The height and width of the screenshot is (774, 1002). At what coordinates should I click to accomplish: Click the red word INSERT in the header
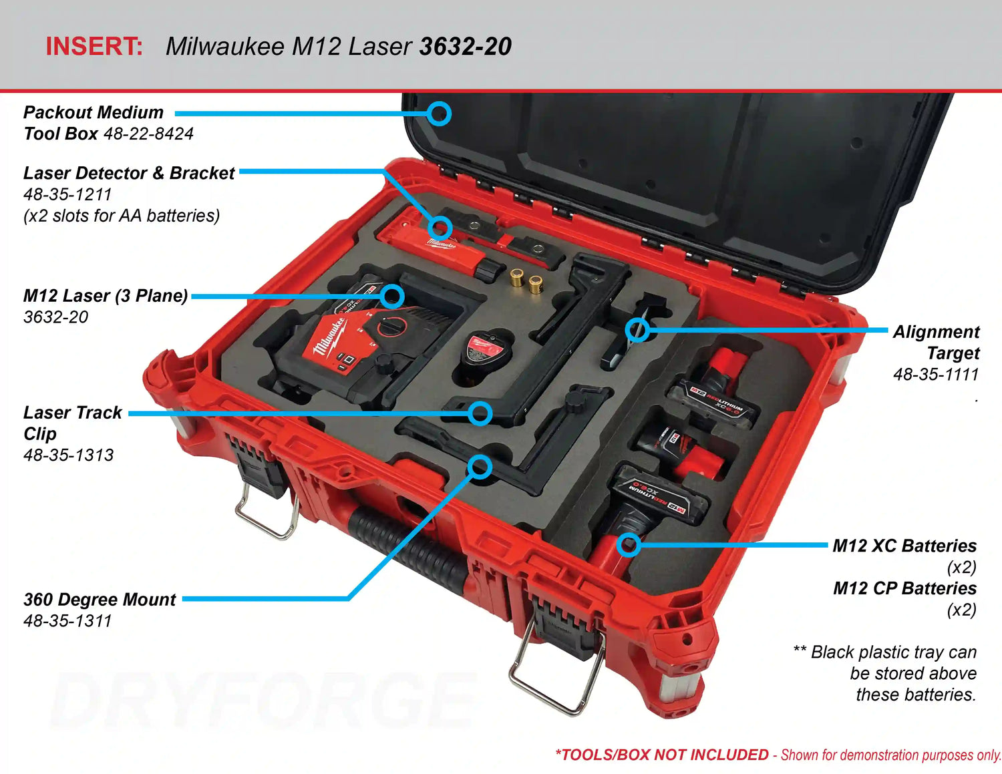pos(94,46)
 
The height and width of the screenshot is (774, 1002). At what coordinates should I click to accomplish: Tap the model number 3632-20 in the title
pos(465,46)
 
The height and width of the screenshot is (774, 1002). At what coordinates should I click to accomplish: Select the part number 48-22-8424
pos(148,134)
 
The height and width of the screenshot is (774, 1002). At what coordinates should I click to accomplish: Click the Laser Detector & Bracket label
pos(129,173)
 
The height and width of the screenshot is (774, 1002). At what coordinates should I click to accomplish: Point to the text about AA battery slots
pos(121,216)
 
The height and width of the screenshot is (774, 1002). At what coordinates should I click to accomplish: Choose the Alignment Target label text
pos(936,342)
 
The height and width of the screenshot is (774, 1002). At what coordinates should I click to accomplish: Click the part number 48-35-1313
pos(68,455)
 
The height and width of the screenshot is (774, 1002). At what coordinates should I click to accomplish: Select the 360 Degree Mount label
pos(100,599)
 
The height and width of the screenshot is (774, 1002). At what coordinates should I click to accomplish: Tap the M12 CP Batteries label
pos(904,588)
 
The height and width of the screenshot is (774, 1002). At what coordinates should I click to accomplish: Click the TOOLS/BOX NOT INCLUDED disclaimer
pos(661,755)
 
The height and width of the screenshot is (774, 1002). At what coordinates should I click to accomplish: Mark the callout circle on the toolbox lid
pos(439,114)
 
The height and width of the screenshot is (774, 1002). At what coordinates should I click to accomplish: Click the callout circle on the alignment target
pos(638,329)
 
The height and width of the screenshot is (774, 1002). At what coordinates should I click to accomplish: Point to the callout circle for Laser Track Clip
pos(480,413)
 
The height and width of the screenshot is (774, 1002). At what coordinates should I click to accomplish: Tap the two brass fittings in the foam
pos(526,280)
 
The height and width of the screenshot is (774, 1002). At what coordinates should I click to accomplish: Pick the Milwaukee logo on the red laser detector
pos(441,244)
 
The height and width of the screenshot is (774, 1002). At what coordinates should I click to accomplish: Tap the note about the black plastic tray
pos(888,672)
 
